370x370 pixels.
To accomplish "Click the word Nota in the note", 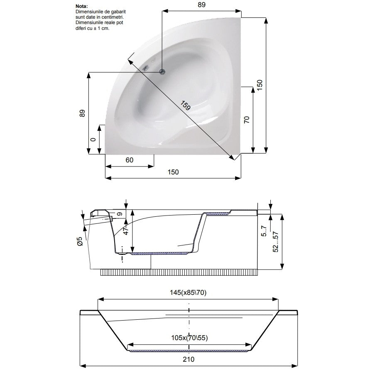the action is (x=81, y=6).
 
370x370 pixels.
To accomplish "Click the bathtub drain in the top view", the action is (x=162, y=71).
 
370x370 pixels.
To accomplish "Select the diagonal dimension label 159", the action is (x=185, y=105).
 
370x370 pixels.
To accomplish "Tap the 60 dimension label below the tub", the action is (x=129, y=160).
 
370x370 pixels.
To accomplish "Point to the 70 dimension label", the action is (x=247, y=120).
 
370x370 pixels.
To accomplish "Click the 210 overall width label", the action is (x=189, y=359).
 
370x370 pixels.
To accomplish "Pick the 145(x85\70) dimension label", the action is (x=188, y=293).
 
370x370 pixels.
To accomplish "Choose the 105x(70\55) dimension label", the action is (x=189, y=338).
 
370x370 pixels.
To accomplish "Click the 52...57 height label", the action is (x=275, y=242).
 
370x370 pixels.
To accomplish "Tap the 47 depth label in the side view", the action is (x=126, y=231).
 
